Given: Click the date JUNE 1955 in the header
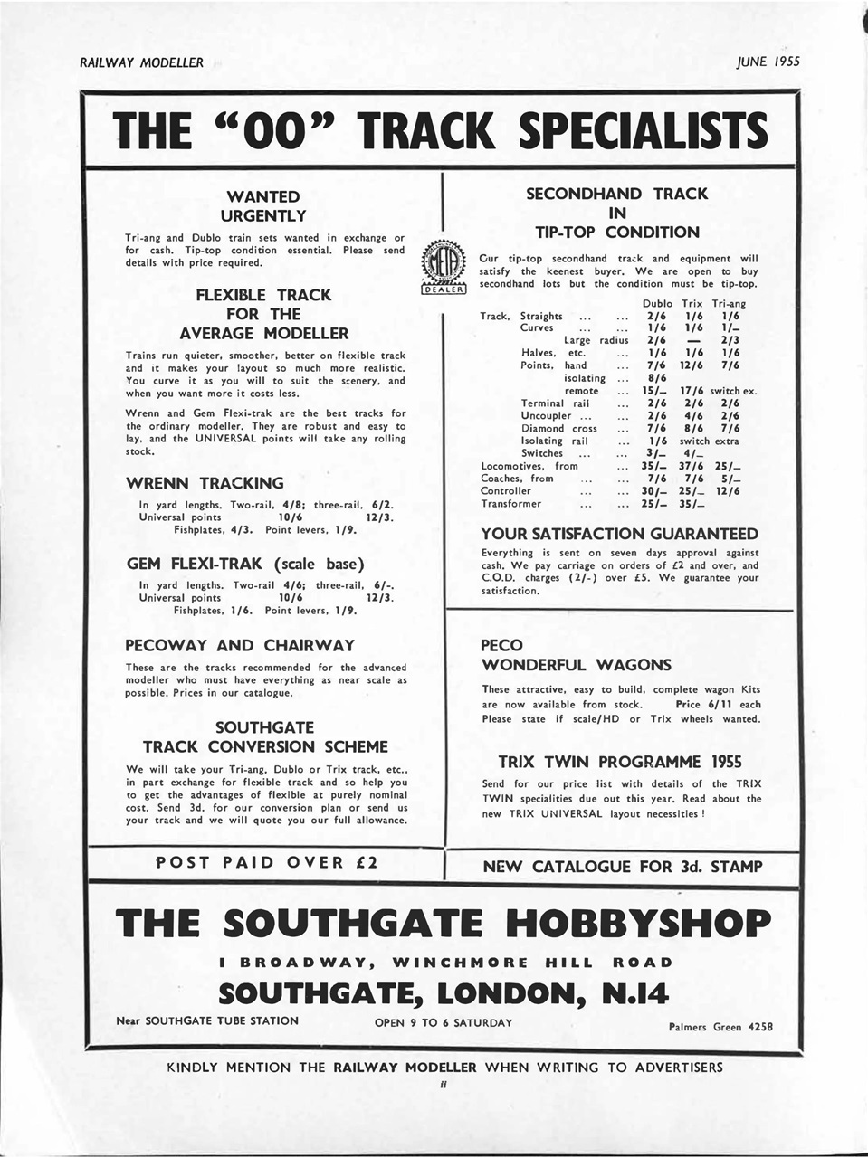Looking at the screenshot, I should click(x=768, y=62).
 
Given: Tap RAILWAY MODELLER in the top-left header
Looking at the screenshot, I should click(x=141, y=63).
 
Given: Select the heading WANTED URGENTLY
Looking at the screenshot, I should click(x=265, y=206).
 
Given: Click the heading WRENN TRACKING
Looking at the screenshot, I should click(x=205, y=483).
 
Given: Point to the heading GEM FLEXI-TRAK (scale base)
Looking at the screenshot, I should click(x=245, y=564).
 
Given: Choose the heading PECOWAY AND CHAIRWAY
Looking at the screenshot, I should click(x=240, y=645).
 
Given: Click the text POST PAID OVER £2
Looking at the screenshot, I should click(x=267, y=862).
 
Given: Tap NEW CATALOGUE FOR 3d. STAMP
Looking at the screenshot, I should click(x=623, y=867).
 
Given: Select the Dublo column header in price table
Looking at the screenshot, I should click(x=657, y=304).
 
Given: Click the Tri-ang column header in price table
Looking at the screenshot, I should click(x=729, y=304).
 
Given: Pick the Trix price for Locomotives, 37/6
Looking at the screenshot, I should click(x=692, y=466).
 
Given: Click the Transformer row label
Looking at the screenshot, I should click(x=511, y=504).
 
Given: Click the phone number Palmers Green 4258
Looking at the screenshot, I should click(x=720, y=1027).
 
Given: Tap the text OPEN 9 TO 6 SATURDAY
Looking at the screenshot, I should click(x=444, y=1022).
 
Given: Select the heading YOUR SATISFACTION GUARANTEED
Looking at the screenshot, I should click(x=619, y=534).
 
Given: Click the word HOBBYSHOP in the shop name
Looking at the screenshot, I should click(x=638, y=923).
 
